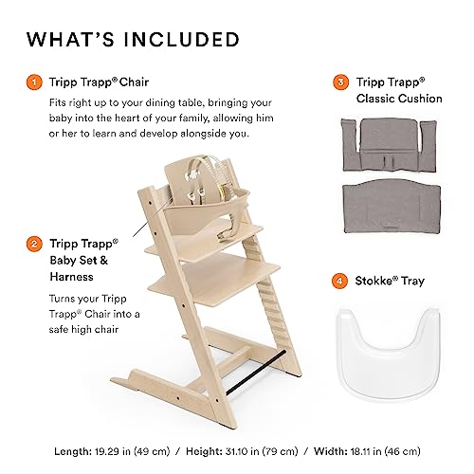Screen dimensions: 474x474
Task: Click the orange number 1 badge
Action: [x=33, y=82]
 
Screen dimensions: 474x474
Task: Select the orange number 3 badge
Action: [x=340, y=82]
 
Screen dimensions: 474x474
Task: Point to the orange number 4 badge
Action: [x=340, y=281]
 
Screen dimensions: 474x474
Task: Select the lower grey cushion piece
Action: [x=387, y=213]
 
